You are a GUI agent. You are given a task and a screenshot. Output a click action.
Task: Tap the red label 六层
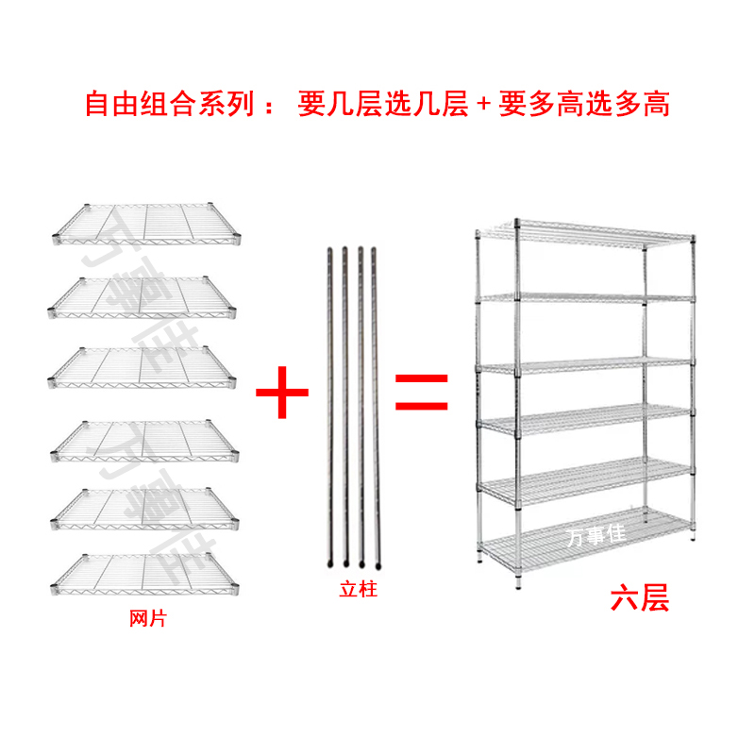[x=639, y=598]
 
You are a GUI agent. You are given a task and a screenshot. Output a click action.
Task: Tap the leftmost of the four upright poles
[x=329, y=406]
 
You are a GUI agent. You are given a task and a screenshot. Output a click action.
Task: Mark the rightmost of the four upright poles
[x=375, y=406]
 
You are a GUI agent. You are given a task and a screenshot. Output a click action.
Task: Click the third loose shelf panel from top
[x=143, y=363]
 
